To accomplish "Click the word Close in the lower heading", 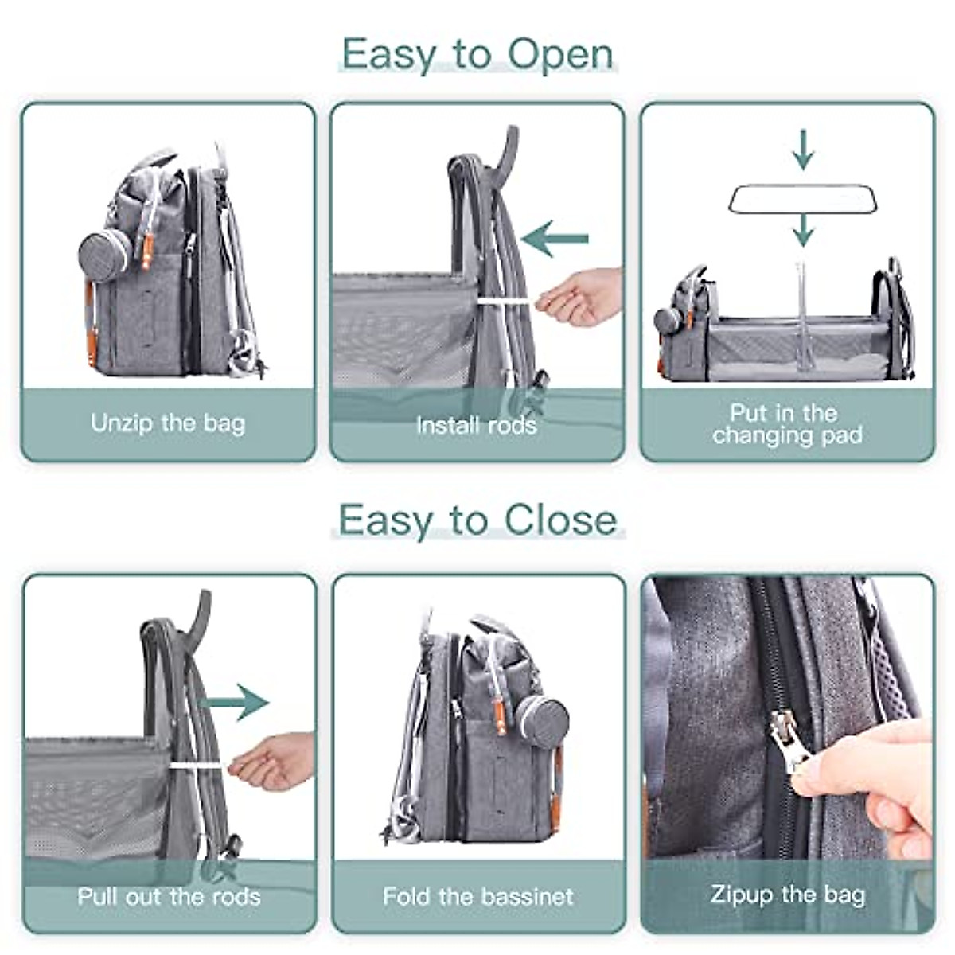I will click(x=560, y=520).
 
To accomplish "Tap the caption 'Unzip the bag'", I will click(x=168, y=423).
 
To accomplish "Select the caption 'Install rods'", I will click(x=476, y=425).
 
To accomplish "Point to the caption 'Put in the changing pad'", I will click(x=787, y=424).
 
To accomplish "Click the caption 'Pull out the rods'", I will click(x=169, y=897).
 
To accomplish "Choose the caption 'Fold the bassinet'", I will click(x=477, y=897).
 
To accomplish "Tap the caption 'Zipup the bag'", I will click(x=787, y=895).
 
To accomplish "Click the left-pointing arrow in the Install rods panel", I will click(x=555, y=238).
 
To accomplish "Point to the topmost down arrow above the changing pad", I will click(x=804, y=150).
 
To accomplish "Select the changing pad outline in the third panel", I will click(x=803, y=199).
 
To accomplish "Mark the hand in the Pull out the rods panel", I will click(x=273, y=762).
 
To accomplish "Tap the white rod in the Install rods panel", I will click(x=506, y=302).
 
